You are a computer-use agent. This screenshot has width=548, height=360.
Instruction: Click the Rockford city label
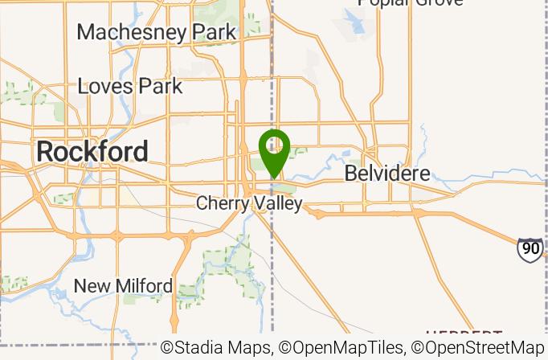tap(92, 151)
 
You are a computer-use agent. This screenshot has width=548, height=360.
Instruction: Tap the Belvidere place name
tap(387, 174)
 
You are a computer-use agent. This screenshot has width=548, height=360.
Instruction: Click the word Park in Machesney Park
tap(209, 32)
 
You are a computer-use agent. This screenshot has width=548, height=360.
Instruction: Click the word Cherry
tap(222, 203)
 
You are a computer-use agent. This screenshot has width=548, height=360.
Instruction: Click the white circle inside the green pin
tap(274, 145)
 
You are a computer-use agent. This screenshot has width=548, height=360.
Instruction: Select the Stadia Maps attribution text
tap(218, 348)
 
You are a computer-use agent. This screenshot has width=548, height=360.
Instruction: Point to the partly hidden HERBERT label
tap(464, 333)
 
